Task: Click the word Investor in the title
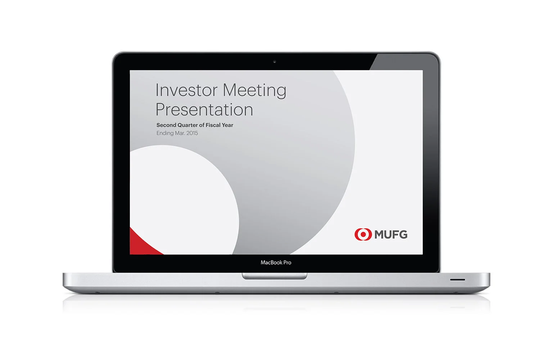pos(186,90)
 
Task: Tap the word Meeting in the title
pos(254,90)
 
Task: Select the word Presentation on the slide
pos(204,109)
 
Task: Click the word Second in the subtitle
pos(166,125)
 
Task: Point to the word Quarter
pos(187,125)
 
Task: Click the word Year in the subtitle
pos(227,125)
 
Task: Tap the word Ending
pos(165,133)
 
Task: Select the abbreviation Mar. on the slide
pos(180,133)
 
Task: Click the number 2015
pos(192,133)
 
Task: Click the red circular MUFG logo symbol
pos(363,234)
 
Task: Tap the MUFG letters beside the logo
pos(391,235)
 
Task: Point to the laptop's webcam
pos(275,62)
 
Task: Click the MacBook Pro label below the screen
pos(276,262)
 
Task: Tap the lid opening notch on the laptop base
pos(275,276)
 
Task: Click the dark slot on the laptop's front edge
pos(457,279)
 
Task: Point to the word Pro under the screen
pos(287,262)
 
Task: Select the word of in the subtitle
pos(202,125)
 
